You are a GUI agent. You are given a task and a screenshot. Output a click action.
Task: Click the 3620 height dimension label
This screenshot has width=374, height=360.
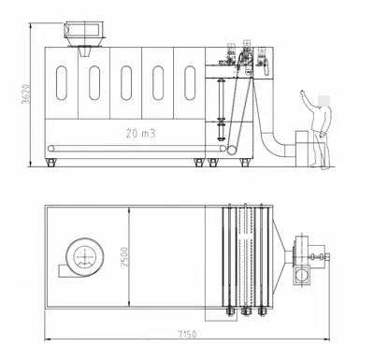25,94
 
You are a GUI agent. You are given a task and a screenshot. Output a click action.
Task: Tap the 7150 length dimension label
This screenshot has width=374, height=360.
187,335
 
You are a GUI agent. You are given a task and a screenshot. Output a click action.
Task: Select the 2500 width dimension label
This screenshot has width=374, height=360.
124,256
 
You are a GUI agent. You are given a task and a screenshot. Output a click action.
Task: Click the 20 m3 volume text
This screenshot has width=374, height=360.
140,134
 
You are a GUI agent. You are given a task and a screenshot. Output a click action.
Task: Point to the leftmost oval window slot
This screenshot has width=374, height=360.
62,83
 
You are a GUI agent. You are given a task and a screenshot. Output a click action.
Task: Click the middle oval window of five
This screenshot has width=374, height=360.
126,83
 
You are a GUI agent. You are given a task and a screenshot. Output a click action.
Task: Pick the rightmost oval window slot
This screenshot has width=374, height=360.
190,83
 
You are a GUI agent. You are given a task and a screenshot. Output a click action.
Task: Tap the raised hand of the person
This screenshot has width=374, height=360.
303,94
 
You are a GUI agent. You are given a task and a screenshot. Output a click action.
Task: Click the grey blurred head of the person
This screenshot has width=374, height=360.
324,101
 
